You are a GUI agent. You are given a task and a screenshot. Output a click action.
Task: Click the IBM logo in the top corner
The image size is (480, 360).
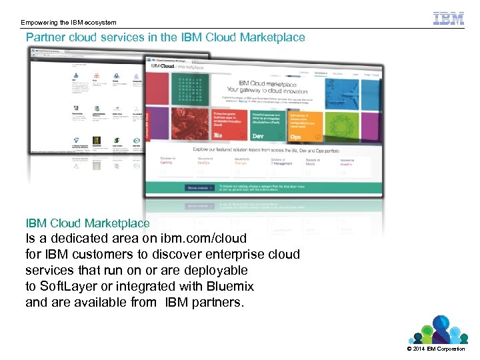click(x=448, y=18)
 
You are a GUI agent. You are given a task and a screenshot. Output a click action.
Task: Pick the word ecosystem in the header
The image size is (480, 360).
click(x=101, y=23)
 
